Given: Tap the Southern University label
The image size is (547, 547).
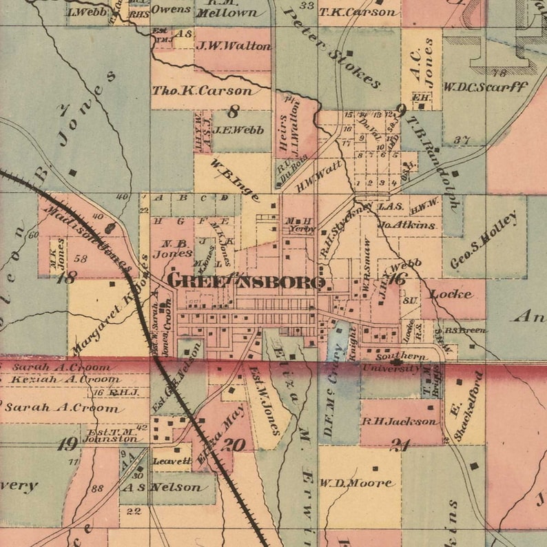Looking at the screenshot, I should click(x=398, y=362).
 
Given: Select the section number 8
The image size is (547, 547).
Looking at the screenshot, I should click(x=234, y=110).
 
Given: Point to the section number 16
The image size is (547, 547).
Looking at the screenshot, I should click(x=398, y=278).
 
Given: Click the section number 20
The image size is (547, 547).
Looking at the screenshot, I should click(x=233, y=444).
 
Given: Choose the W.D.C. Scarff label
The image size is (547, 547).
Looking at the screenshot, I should click(x=485, y=87).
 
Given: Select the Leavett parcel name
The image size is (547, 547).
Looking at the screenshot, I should click(x=172, y=461).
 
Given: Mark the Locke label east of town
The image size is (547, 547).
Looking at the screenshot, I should click(x=451, y=294).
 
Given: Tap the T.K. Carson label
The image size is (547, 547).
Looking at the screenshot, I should click(x=358, y=12).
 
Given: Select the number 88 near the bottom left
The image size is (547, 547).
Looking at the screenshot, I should click(x=97, y=488).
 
